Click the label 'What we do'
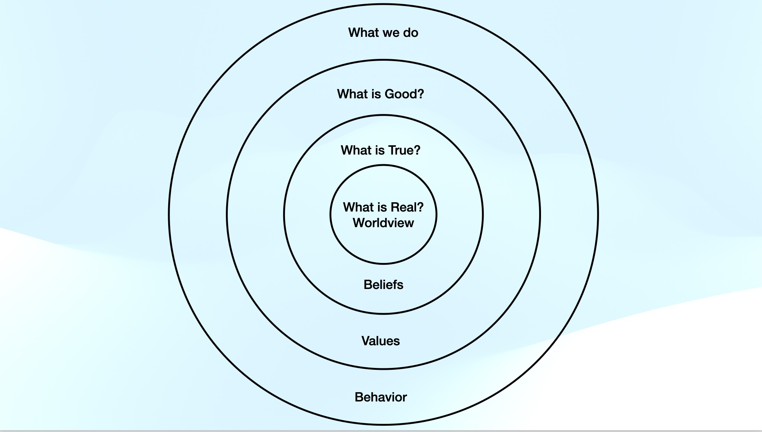383,33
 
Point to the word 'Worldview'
383,223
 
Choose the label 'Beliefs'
383,285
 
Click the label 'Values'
380,341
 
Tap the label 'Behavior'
380,397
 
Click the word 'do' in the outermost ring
410,33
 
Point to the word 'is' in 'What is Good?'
376,94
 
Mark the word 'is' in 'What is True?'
380,150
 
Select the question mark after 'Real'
420,207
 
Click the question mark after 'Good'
421,94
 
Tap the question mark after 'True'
417,150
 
